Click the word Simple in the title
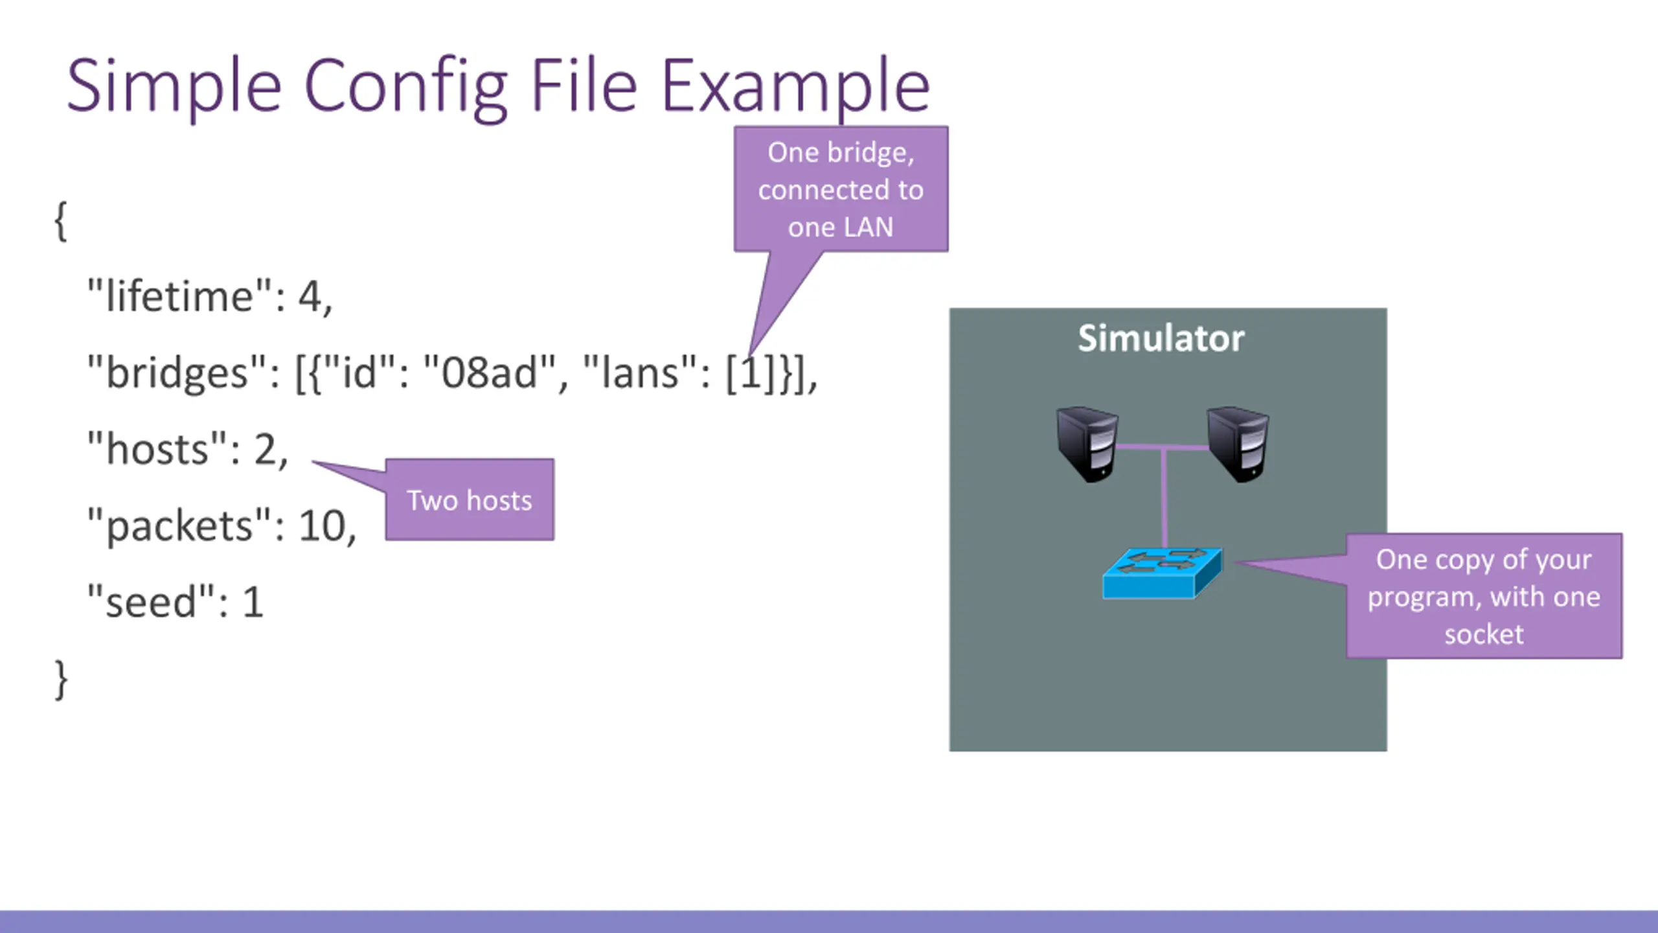click(174, 86)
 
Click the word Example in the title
click(795, 86)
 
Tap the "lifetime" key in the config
click(180, 297)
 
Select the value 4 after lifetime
click(310, 297)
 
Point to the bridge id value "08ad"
click(490, 373)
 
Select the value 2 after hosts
click(265, 449)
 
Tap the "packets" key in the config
click(179, 525)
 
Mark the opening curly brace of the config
click(60, 221)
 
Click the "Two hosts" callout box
click(470, 500)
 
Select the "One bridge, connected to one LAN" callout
click(841, 189)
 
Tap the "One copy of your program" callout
click(1484, 596)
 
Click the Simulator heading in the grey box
click(1161, 338)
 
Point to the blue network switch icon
click(1162, 573)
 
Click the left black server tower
click(1086, 444)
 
